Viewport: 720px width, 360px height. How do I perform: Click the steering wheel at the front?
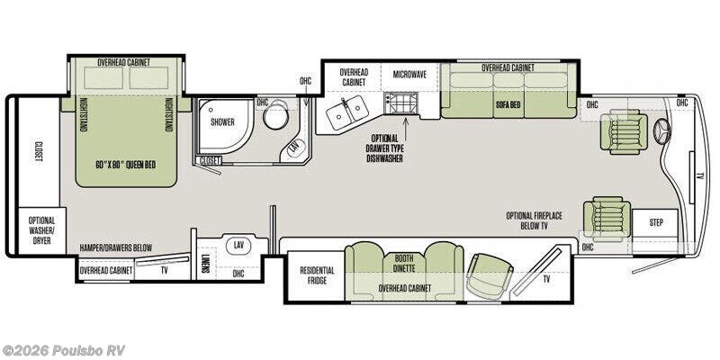[x=663, y=131]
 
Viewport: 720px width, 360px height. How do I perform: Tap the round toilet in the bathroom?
[x=275, y=117]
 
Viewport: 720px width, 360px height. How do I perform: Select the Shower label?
[x=222, y=121]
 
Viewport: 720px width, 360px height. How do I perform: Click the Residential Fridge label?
[x=317, y=275]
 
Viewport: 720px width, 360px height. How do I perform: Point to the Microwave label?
[x=410, y=74]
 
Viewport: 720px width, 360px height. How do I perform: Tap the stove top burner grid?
[x=400, y=103]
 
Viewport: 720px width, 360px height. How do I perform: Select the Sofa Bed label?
[x=508, y=104]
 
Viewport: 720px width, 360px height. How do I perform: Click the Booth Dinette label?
[x=404, y=263]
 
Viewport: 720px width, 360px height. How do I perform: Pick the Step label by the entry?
[x=656, y=222]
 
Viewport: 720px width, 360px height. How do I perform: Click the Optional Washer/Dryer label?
[x=41, y=230]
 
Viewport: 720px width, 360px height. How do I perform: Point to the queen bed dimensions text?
[x=126, y=165]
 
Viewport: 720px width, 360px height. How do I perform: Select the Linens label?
[x=206, y=264]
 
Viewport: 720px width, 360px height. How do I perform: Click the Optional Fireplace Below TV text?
[x=534, y=220]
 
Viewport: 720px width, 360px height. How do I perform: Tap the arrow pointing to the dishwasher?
[x=405, y=124]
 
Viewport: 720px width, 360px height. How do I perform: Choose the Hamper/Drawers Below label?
[x=115, y=247]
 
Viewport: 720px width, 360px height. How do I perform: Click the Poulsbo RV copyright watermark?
[x=63, y=350]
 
